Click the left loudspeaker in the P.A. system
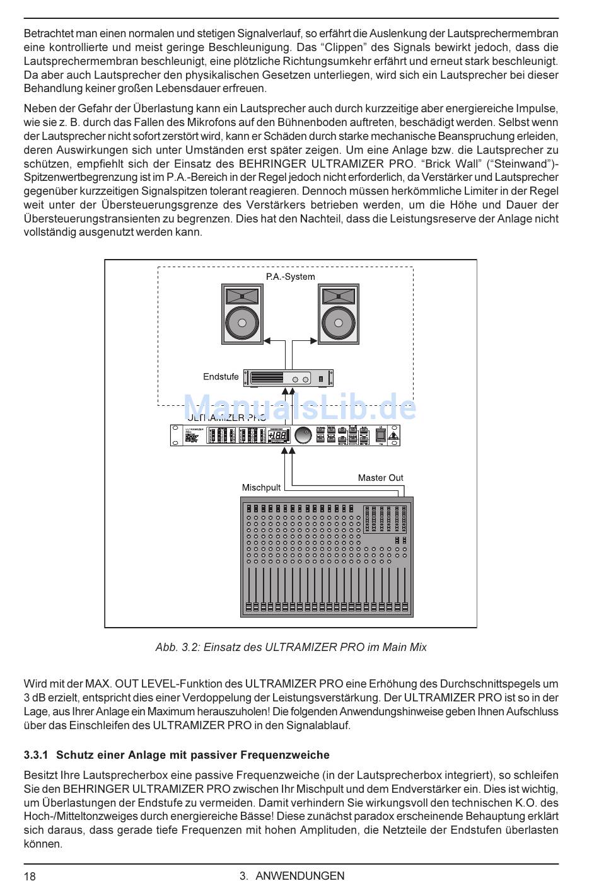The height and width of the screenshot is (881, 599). (x=243, y=314)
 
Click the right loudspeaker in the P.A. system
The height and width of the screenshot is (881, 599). (x=339, y=314)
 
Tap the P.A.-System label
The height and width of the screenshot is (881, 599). (x=290, y=277)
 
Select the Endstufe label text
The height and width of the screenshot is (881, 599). (x=221, y=377)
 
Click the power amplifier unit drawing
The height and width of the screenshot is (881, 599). (x=288, y=378)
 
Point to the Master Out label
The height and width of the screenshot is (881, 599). (x=380, y=478)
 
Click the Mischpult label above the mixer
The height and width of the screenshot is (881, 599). (x=261, y=487)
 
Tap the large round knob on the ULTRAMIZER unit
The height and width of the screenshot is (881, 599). (x=303, y=435)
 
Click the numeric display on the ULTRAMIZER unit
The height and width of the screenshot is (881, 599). (x=278, y=435)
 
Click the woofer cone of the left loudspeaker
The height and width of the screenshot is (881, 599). (x=243, y=323)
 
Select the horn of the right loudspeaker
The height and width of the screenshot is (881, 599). (x=339, y=296)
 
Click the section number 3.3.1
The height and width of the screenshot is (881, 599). (x=36, y=755)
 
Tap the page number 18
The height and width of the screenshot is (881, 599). (x=30, y=875)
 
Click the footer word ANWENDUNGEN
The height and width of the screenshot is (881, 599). (x=300, y=875)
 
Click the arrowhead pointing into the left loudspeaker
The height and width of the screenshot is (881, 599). (x=267, y=341)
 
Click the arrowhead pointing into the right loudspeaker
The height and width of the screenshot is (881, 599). (x=314, y=341)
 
